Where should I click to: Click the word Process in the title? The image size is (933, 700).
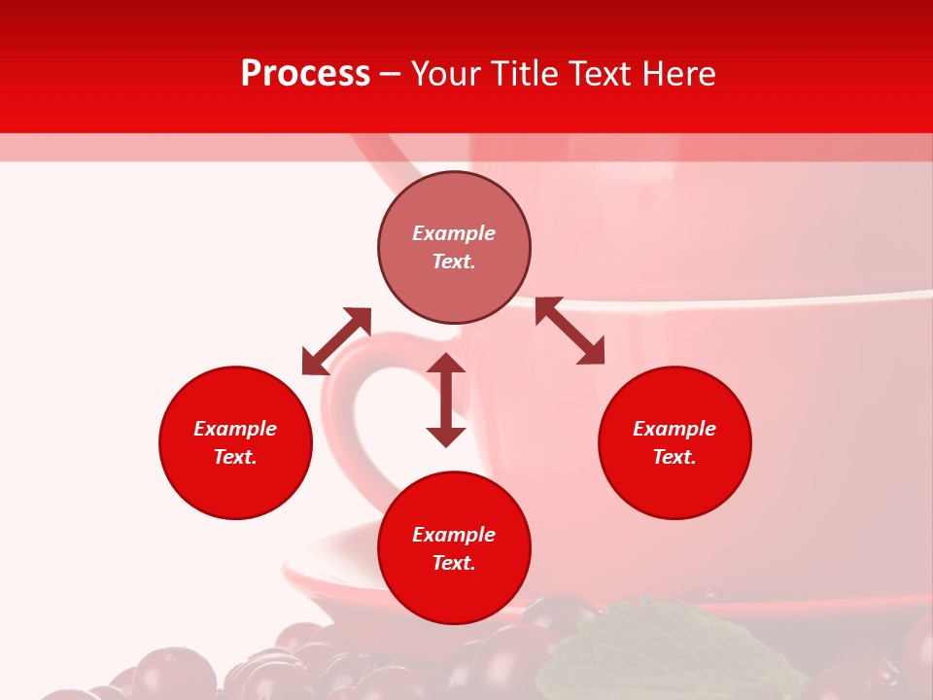(305, 74)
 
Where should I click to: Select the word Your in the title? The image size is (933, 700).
(447, 74)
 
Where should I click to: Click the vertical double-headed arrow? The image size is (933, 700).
(446, 401)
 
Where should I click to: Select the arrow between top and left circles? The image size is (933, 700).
(336, 341)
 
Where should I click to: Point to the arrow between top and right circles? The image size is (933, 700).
(570, 331)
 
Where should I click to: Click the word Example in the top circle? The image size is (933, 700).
(454, 233)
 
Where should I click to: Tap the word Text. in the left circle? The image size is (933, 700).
(235, 457)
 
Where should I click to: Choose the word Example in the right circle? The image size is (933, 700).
(674, 429)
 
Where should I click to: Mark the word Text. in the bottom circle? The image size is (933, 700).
(454, 563)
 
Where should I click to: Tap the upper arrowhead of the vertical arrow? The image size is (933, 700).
(446, 364)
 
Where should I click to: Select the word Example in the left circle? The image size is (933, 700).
(235, 429)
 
